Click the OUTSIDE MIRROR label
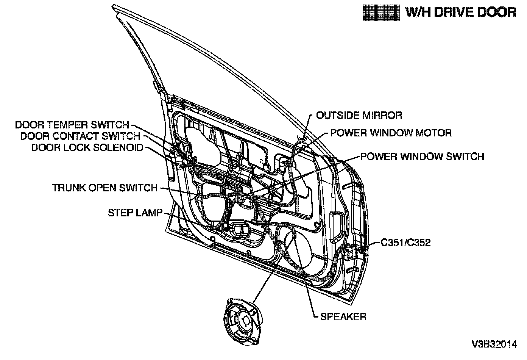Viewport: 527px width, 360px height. coord(359,115)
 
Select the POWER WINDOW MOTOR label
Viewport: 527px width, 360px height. coord(391,133)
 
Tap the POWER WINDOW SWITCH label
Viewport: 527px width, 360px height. coord(423,157)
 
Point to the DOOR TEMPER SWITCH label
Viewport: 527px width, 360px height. coord(72,125)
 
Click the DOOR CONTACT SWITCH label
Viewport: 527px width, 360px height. coord(80,136)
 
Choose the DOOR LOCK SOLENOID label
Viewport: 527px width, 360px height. coord(87,148)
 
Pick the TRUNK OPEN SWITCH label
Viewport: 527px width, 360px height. coord(104,188)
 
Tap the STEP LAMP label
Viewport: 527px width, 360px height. coord(135,213)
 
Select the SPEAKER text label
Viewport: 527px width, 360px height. coord(343,317)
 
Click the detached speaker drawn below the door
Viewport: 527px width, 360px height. coord(243,322)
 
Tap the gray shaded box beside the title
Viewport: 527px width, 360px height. coord(381,13)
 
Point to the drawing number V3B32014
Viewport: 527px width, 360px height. coord(494,344)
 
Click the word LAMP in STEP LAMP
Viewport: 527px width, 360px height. coord(149,213)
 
